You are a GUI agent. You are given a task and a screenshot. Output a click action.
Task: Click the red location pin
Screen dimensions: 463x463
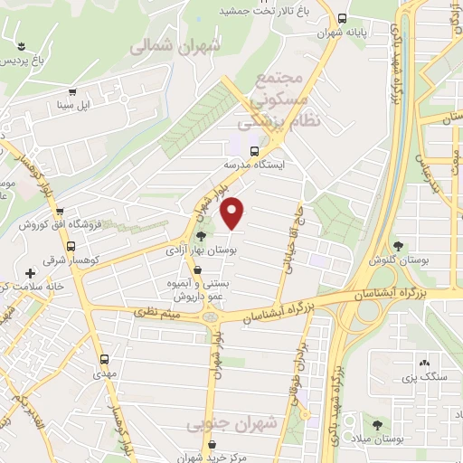click(233, 213)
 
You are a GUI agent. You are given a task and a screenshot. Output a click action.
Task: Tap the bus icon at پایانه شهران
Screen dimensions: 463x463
click(342, 17)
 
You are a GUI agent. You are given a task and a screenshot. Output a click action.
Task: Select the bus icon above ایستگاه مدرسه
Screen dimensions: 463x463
click(255, 150)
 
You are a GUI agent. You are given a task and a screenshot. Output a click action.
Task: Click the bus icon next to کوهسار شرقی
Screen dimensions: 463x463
click(71, 246)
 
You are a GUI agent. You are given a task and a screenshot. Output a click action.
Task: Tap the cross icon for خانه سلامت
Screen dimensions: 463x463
click(31, 273)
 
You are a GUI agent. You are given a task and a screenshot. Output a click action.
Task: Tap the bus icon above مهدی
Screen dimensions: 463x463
click(99, 356)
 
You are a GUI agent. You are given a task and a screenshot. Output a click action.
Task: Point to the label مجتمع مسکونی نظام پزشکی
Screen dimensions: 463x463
click(280, 99)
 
